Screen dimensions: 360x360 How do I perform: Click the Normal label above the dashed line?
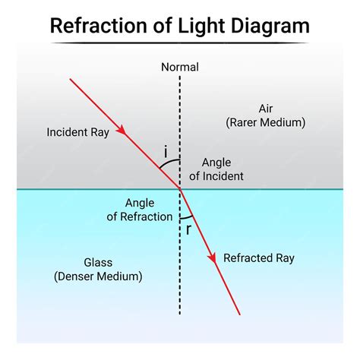[x=180, y=67]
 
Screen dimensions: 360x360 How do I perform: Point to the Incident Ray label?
[x=77, y=131]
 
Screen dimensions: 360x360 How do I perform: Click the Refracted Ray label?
[x=258, y=258]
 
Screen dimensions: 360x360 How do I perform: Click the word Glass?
[x=98, y=263]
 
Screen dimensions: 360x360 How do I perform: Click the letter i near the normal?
[x=166, y=152]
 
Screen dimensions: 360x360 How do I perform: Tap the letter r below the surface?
[x=188, y=229]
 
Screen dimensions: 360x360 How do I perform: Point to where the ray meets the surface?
[x=180, y=188]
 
